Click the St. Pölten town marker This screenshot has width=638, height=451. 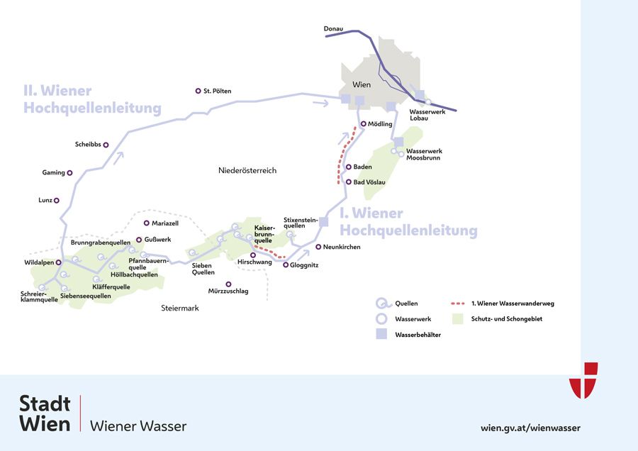(x=198, y=91)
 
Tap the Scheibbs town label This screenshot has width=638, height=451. (x=88, y=145)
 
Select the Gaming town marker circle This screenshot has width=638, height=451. (x=70, y=172)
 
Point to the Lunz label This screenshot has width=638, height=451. (x=45, y=200)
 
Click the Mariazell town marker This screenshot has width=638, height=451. (x=146, y=223)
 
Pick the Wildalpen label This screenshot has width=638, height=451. (x=39, y=262)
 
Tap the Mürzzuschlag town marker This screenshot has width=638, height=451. (x=228, y=284)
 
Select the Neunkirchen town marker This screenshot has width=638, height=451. (x=318, y=247)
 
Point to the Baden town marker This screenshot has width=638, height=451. (x=348, y=167)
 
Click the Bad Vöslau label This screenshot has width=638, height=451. (x=369, y=182)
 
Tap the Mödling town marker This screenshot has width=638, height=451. (x=363, y=124)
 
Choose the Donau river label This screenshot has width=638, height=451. (x=333, y=28)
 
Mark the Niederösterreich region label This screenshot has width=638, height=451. (x=247, y=170)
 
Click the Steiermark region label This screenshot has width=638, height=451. (x=180, y=308)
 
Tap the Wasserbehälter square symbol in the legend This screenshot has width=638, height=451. (x=381, y=334)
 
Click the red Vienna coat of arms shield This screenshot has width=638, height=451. (x=583, y=379)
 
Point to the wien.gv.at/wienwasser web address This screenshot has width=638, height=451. (x=530, y=428)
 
